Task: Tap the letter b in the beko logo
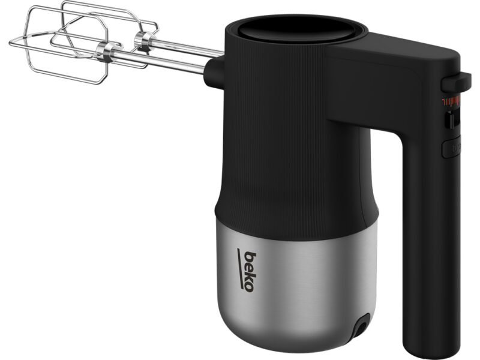tap(251, 257)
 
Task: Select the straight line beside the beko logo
tap(242, 268)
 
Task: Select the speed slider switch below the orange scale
tap(451, 120)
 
